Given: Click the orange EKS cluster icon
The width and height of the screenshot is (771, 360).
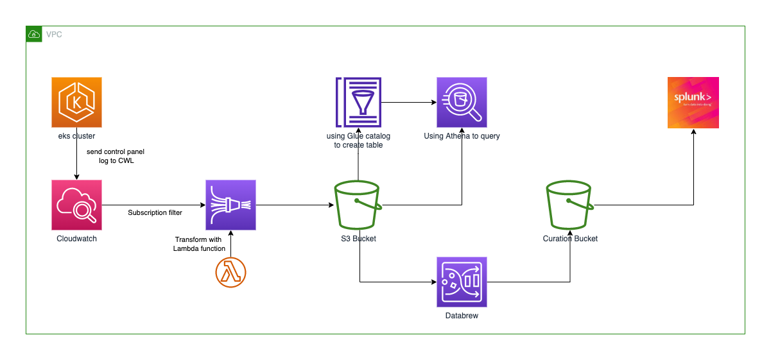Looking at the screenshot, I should (x=76, y=102).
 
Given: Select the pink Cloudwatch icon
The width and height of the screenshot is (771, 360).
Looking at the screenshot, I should (x=76, y=205).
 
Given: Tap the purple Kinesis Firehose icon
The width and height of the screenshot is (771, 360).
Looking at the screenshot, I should (x=230, y=205).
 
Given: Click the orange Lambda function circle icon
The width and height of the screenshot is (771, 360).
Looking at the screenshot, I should (x=230, y=272).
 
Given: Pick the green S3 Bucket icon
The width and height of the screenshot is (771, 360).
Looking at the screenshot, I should (x=358, y=205).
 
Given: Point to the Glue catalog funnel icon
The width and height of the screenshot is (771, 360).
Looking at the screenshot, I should (x=359, y=101).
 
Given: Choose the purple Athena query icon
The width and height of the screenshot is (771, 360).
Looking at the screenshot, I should (x=462, y=102).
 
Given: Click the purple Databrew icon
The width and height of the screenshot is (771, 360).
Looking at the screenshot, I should (x=462, y=282).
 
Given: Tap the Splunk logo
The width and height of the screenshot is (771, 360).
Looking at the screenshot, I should (x=693, y=102).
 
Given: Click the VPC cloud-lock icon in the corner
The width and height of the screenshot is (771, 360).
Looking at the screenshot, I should (x=33, y=34).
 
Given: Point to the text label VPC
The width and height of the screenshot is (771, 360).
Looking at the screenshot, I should (x=54, y=34).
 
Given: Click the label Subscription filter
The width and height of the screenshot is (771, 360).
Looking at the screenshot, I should (x=155, y=212).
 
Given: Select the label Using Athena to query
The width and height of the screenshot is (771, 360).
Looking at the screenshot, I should (x=462, y=136).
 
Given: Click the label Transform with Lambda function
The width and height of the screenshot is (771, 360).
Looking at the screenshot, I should (x=200, y=244).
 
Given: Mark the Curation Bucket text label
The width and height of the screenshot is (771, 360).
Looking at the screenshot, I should (x=570, y=239).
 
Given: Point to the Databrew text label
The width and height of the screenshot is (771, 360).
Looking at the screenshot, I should (x=462, y=316).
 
